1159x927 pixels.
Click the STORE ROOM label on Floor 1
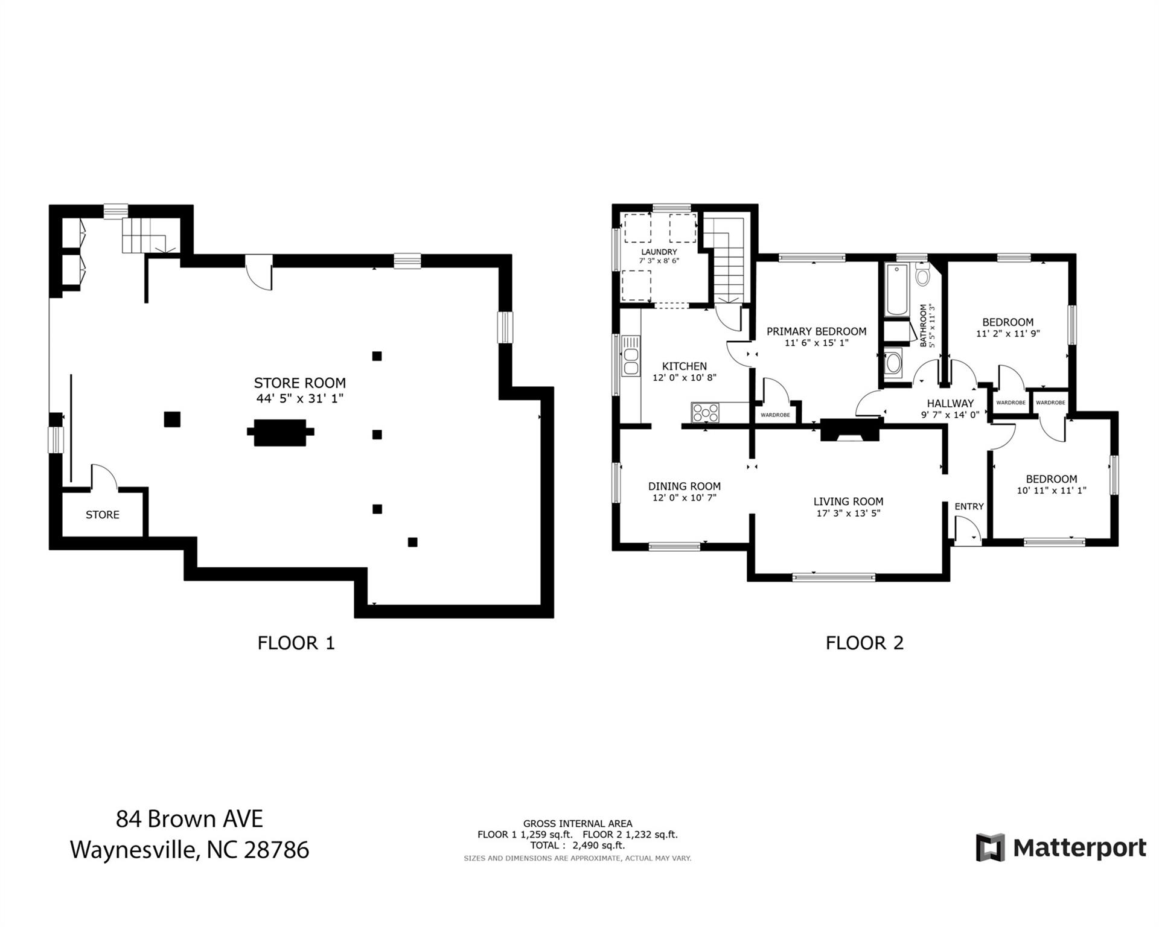tap(299, 383)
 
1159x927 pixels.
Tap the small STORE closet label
tap(103, 515)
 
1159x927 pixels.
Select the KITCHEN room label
tap(684, 366)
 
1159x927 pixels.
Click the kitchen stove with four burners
tap(706, 413)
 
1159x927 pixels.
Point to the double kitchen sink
tap(631, 362)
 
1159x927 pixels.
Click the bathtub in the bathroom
tap(896, 289)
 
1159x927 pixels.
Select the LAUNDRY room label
tap(659, 252)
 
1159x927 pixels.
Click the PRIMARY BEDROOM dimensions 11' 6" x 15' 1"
tap(816, 343)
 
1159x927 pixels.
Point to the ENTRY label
tap(969, 506)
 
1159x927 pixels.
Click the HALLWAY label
tap(950, 403)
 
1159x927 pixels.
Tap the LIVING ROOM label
tap(848, 502)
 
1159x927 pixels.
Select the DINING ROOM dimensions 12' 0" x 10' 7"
tap(684, 498)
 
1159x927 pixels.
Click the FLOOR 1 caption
tap(296, 643)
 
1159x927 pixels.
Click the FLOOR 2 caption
tap(864, 643)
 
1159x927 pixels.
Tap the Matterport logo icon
tap(990, 847)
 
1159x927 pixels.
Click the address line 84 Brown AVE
tap(190, 819)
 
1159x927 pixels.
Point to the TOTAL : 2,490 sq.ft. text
tap(577, 846)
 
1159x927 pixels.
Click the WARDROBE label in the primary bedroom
tap(775, 415)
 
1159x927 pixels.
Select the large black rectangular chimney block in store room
tap(280, 432)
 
